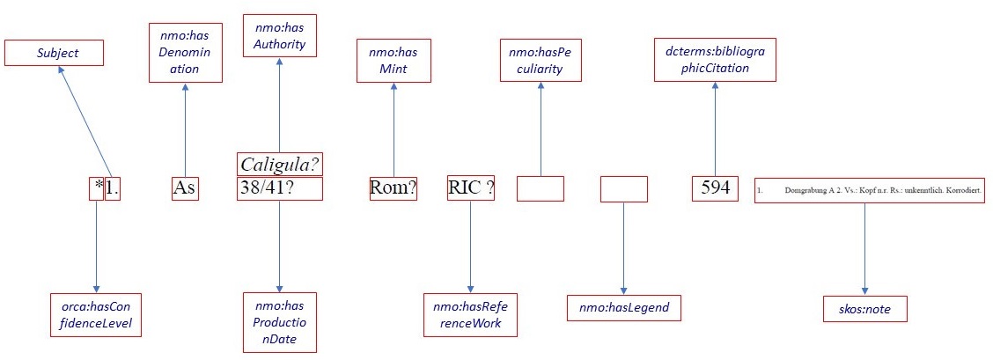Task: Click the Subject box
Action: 54,53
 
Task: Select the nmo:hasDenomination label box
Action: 185,54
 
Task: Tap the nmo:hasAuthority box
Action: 279,35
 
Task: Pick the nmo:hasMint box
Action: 394,60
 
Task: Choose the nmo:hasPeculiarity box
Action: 541,60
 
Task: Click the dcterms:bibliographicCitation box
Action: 715,59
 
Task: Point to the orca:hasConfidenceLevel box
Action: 96,313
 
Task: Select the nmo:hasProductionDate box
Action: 279,321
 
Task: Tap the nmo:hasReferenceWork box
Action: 470,313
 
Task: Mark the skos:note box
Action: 864,309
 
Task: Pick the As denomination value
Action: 185,188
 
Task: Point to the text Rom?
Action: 394,188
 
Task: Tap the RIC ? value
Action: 470,188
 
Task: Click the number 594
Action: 715,188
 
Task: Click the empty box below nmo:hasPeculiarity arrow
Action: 540,188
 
